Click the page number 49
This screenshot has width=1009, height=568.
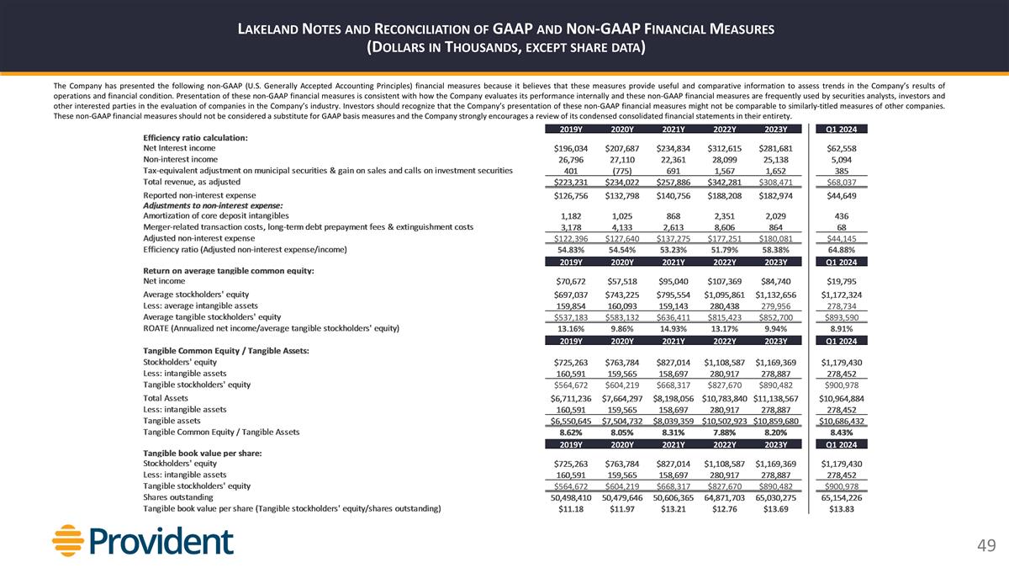click(x=985, y=546)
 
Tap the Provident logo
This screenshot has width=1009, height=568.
click(x=130, y=539)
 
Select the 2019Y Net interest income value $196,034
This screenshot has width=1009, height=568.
click(x=571, y=148)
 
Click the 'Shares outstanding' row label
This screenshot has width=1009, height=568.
click(x=177, y=496)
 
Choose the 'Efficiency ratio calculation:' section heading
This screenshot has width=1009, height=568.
click(x=195, y=137)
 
